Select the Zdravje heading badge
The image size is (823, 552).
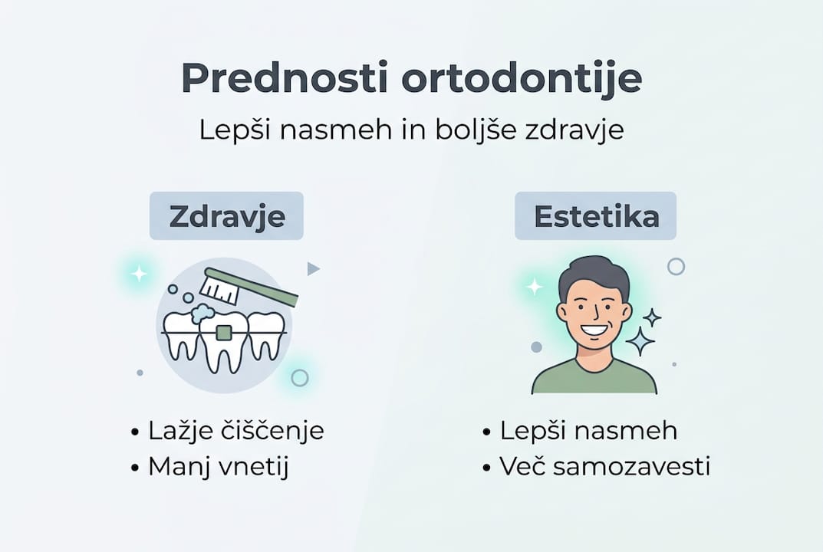point(226,216)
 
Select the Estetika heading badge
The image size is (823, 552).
point(596,216)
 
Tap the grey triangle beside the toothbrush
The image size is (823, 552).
point(312,268)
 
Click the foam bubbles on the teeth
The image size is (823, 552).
point(202,312)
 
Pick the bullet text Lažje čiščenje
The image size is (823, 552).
point(235,431)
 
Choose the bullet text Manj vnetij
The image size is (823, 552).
point(218,466)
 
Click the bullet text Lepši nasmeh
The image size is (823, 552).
point(588,431)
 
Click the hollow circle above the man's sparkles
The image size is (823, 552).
point(676,266)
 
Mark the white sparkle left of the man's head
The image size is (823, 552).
point(534,287)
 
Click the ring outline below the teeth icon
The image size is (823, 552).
point(300,377)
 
